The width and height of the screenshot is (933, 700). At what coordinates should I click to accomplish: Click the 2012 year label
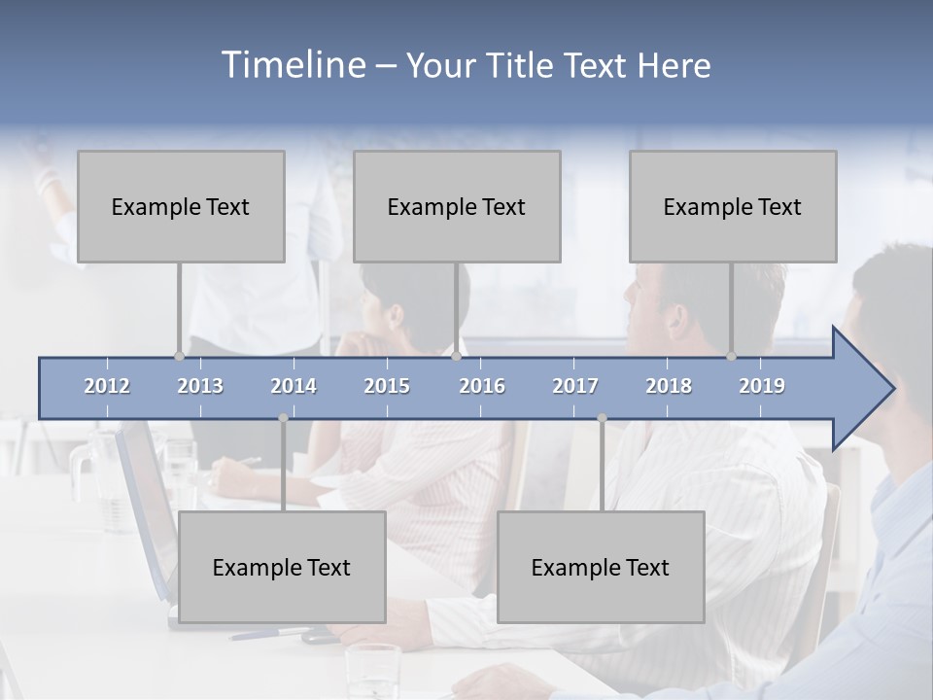[x=107, y=386]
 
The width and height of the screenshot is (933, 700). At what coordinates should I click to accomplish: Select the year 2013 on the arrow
[x=200, y=386]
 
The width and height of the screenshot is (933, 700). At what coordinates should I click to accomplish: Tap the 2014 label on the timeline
[x=294, y=386]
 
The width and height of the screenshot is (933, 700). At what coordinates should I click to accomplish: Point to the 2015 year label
[x=387, y=386]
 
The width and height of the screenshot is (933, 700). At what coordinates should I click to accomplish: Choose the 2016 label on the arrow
[x=482, y=386]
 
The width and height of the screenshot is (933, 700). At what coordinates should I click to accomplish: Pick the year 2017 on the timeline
[x=575, y=386]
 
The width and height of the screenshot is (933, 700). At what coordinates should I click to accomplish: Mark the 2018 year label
[x=669, y=386]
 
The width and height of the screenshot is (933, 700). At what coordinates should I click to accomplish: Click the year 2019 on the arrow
[x=762, y=386]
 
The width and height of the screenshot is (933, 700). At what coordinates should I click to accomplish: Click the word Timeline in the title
[x=292, y=65]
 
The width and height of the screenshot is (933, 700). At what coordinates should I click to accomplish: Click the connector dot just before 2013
[x=179, y=356]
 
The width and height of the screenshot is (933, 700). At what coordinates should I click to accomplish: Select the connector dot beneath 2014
[x=283, y=418]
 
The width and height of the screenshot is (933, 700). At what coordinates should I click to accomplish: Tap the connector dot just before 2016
[x=456, y=356]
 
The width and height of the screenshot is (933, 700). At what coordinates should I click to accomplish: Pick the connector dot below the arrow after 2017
[x=602, y=418]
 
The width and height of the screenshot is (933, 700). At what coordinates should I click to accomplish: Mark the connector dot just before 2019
[x=731, y=356]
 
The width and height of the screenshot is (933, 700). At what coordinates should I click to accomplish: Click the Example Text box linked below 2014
[x=282, y=567]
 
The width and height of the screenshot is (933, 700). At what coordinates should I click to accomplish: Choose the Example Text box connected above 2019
[x=733, y=206]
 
